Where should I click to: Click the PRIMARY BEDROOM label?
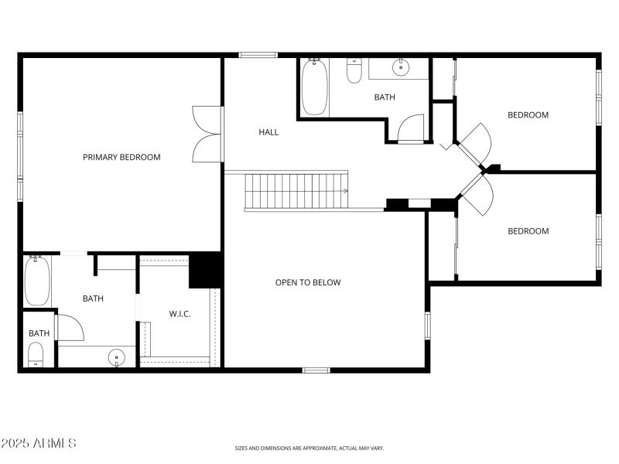pos(121,157)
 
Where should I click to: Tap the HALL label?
pos(268,132)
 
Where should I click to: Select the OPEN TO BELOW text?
pos(308,282)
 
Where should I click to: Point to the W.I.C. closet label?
pos(180,313)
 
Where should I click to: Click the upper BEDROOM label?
pos(528,115)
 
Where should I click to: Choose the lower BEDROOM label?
pos(528,231)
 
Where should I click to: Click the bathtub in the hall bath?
pos(314,87)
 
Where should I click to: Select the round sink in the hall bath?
pos(400,68)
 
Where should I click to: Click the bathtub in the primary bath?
pos(36,281)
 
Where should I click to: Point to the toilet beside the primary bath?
pos(36,355)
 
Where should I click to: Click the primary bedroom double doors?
pos(207,133)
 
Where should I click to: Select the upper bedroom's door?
pos(476,142)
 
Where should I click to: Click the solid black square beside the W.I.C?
pos(206,271)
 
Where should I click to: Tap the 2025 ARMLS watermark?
pos(39,444)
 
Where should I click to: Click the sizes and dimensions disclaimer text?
pos(309,448)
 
